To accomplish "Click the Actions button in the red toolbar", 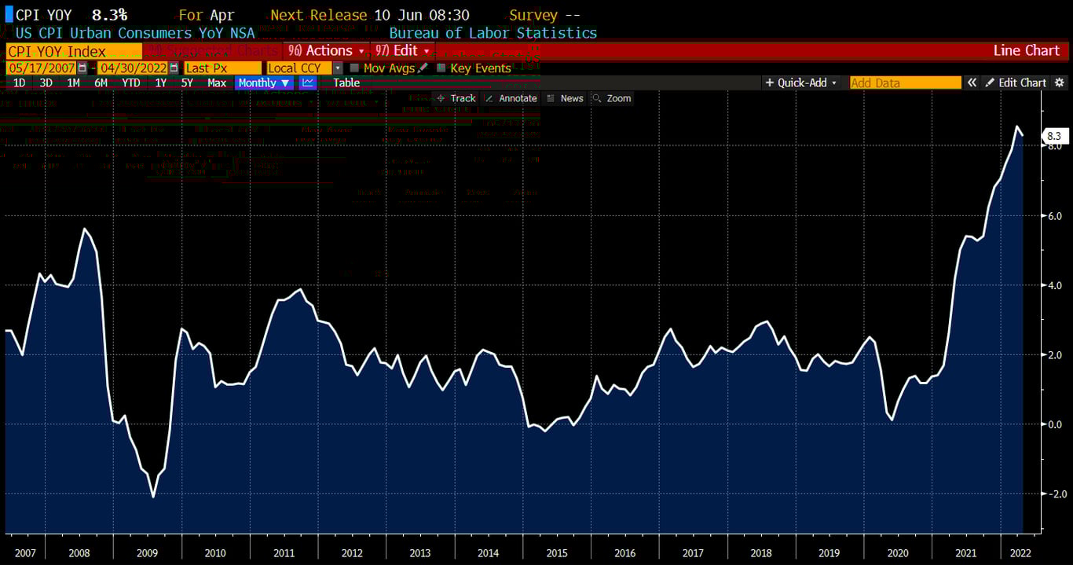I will [327, 50].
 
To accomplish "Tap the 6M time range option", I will [101, 83].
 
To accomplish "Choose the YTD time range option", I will [131, 83].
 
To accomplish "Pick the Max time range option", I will [217, 83].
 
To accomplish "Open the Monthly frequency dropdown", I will [264, 83].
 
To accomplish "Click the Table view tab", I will [346, 83].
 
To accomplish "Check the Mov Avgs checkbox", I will [355, 68].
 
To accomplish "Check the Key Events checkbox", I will [441, 68].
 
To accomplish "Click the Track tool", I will [456, 98].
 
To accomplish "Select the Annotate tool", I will [511, 98].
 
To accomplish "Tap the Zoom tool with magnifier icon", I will [612, 98].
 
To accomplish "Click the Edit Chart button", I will [1016, 83].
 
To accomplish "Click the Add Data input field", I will [905, 83].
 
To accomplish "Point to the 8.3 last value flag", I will [1053, 136].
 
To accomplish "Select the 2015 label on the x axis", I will [556, 553].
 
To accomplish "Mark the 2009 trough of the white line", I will [152, 497].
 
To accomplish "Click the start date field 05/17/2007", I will [42, 68].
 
